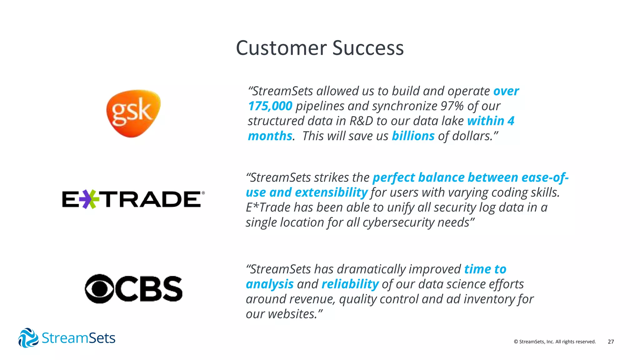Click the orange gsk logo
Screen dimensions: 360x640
133,113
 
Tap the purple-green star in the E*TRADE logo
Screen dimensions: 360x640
89,199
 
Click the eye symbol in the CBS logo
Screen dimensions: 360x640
99,289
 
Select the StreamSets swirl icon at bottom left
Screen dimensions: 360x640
28,338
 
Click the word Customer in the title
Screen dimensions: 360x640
281,48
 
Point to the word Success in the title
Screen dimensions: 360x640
368,48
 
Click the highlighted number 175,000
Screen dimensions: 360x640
270,106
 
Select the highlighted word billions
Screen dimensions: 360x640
413,136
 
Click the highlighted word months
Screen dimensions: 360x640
270,136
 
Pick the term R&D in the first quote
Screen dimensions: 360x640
361,121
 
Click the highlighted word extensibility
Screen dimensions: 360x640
331,192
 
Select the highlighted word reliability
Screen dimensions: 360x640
350,284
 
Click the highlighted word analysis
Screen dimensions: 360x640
270,284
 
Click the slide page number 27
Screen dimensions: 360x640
611,342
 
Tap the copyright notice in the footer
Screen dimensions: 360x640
555,342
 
